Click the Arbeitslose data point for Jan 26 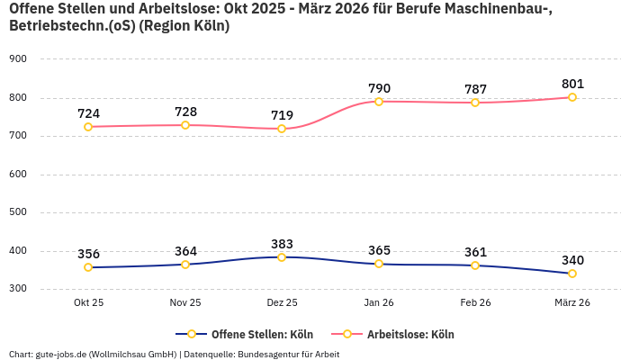(379, 102)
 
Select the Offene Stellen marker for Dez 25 (282, 257)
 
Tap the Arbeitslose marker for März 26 (571, 97)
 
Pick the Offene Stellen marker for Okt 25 (88, 267)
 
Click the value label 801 (571, 84)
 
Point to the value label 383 (282, 244)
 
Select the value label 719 (282, 115)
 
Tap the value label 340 (571, 260)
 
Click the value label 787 (475, 89)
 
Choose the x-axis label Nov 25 (185, 302)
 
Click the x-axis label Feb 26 (475, 302)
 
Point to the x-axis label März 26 (571, 302)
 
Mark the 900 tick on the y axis (18, 59)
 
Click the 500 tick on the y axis (18, 212)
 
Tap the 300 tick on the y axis (18, 289)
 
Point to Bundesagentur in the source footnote (275, 354)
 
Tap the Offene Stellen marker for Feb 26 (475, 265)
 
